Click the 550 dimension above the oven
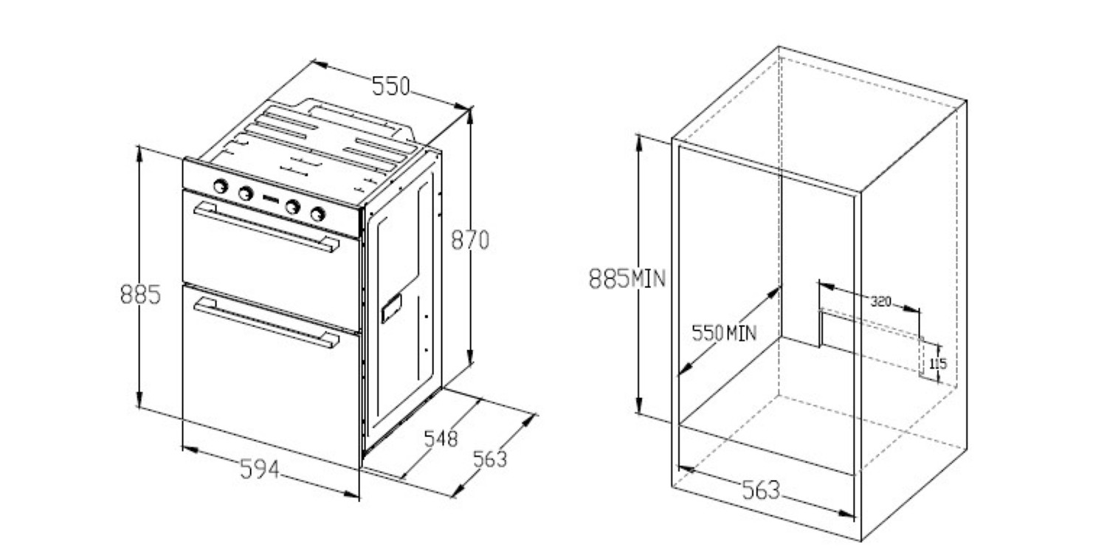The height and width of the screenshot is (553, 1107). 390,86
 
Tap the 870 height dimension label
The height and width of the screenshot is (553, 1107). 470,240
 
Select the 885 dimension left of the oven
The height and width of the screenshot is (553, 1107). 141,295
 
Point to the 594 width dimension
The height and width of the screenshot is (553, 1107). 260,469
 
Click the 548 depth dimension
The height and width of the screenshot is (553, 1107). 441,439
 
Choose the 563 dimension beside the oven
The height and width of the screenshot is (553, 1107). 490,459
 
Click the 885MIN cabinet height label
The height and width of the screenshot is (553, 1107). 627,278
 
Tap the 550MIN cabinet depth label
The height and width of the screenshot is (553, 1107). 724,333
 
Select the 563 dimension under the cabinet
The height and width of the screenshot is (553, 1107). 761,490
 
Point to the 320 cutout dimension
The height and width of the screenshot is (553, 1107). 880,301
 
